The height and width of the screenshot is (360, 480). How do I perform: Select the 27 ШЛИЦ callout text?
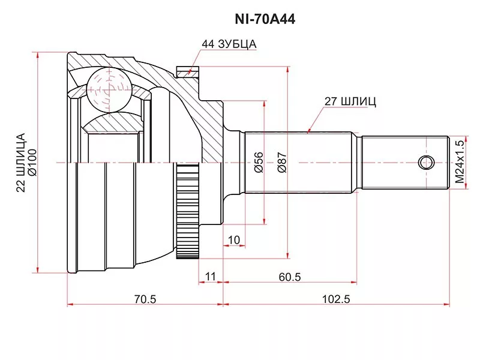point(350,101)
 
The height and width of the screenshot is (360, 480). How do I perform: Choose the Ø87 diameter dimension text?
point(282,162)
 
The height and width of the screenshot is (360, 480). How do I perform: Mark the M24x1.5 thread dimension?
point(460,162)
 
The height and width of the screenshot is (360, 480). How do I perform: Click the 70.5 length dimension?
point(145,299)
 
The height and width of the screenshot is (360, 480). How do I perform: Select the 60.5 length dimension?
point(289,277)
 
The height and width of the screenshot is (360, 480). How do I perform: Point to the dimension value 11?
point(210,277)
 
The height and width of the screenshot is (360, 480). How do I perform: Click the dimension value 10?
point(234,240)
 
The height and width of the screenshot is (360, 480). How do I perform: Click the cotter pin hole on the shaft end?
point(426,162)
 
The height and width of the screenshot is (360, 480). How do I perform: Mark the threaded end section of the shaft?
point(405,162)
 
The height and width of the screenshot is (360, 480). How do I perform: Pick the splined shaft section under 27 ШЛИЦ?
point(303,162)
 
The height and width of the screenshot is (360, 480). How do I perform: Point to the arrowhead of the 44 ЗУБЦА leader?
point(191,72)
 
